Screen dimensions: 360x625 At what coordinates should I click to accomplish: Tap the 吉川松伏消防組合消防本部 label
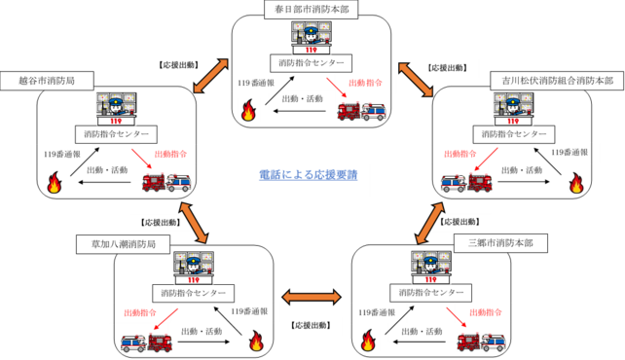click(558, 81)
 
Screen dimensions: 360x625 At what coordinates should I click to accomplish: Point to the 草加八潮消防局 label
click(118, 242)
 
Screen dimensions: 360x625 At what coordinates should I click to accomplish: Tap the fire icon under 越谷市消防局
click(55, 182)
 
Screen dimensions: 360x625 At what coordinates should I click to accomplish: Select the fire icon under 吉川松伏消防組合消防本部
click(576, 182)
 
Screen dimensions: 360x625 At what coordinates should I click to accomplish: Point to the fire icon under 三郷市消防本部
click(369, 340)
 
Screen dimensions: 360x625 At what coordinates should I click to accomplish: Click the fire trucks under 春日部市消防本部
click(361, 111)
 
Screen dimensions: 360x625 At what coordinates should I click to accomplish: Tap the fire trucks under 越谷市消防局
click(166, 182)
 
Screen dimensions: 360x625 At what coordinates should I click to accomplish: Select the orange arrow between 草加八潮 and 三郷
click(311, 297)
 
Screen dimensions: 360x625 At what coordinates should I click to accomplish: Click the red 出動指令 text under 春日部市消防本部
click(365, 84)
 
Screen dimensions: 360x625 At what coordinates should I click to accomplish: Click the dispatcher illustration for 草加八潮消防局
click(193, 265)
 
